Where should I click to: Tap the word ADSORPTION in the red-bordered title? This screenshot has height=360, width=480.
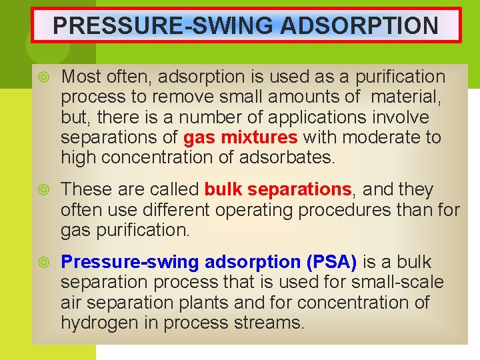click(x=360, y=26)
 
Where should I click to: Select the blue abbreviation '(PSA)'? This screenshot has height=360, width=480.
click(x=331, y=262)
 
